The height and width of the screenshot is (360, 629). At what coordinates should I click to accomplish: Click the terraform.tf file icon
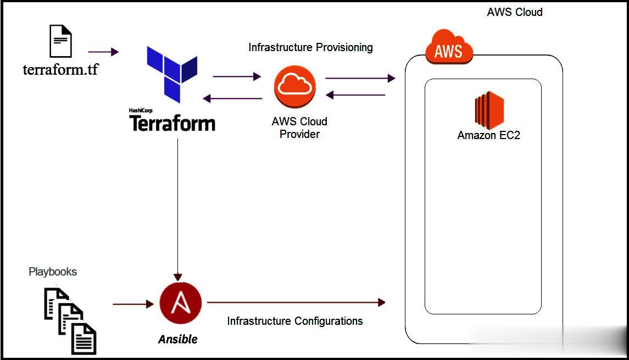(60, 41)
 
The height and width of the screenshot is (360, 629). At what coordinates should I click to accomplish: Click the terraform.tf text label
(60, 69)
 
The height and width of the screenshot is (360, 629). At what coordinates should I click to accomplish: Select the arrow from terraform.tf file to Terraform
(103, 52)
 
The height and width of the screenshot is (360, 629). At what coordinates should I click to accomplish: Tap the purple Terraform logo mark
(171, 74)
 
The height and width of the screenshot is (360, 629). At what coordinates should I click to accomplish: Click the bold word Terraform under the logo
(172, 123)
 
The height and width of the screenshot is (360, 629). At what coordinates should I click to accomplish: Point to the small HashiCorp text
(140, 110)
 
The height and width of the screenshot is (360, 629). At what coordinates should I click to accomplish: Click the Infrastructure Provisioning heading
(310, 47)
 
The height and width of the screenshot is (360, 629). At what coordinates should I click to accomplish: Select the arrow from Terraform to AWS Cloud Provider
(237, 76)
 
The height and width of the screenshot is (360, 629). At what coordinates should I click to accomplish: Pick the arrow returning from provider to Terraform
(232, 99)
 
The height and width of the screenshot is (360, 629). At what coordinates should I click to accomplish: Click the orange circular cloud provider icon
(295, 86)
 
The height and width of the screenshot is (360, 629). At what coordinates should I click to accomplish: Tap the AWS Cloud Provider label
(299, 128)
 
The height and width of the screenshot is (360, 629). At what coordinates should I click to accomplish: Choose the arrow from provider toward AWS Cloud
(360, 78)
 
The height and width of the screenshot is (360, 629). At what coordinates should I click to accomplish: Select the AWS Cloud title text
(515, 12)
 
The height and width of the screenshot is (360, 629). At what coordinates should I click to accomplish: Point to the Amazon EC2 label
(488, 135)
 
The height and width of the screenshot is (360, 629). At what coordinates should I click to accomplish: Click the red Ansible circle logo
(180, 303)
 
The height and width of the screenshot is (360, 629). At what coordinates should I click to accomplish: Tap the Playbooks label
(53, 272)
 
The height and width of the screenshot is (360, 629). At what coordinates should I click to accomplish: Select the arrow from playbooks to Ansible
(133, 303)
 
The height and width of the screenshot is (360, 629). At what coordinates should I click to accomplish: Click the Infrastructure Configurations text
(295, 321)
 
